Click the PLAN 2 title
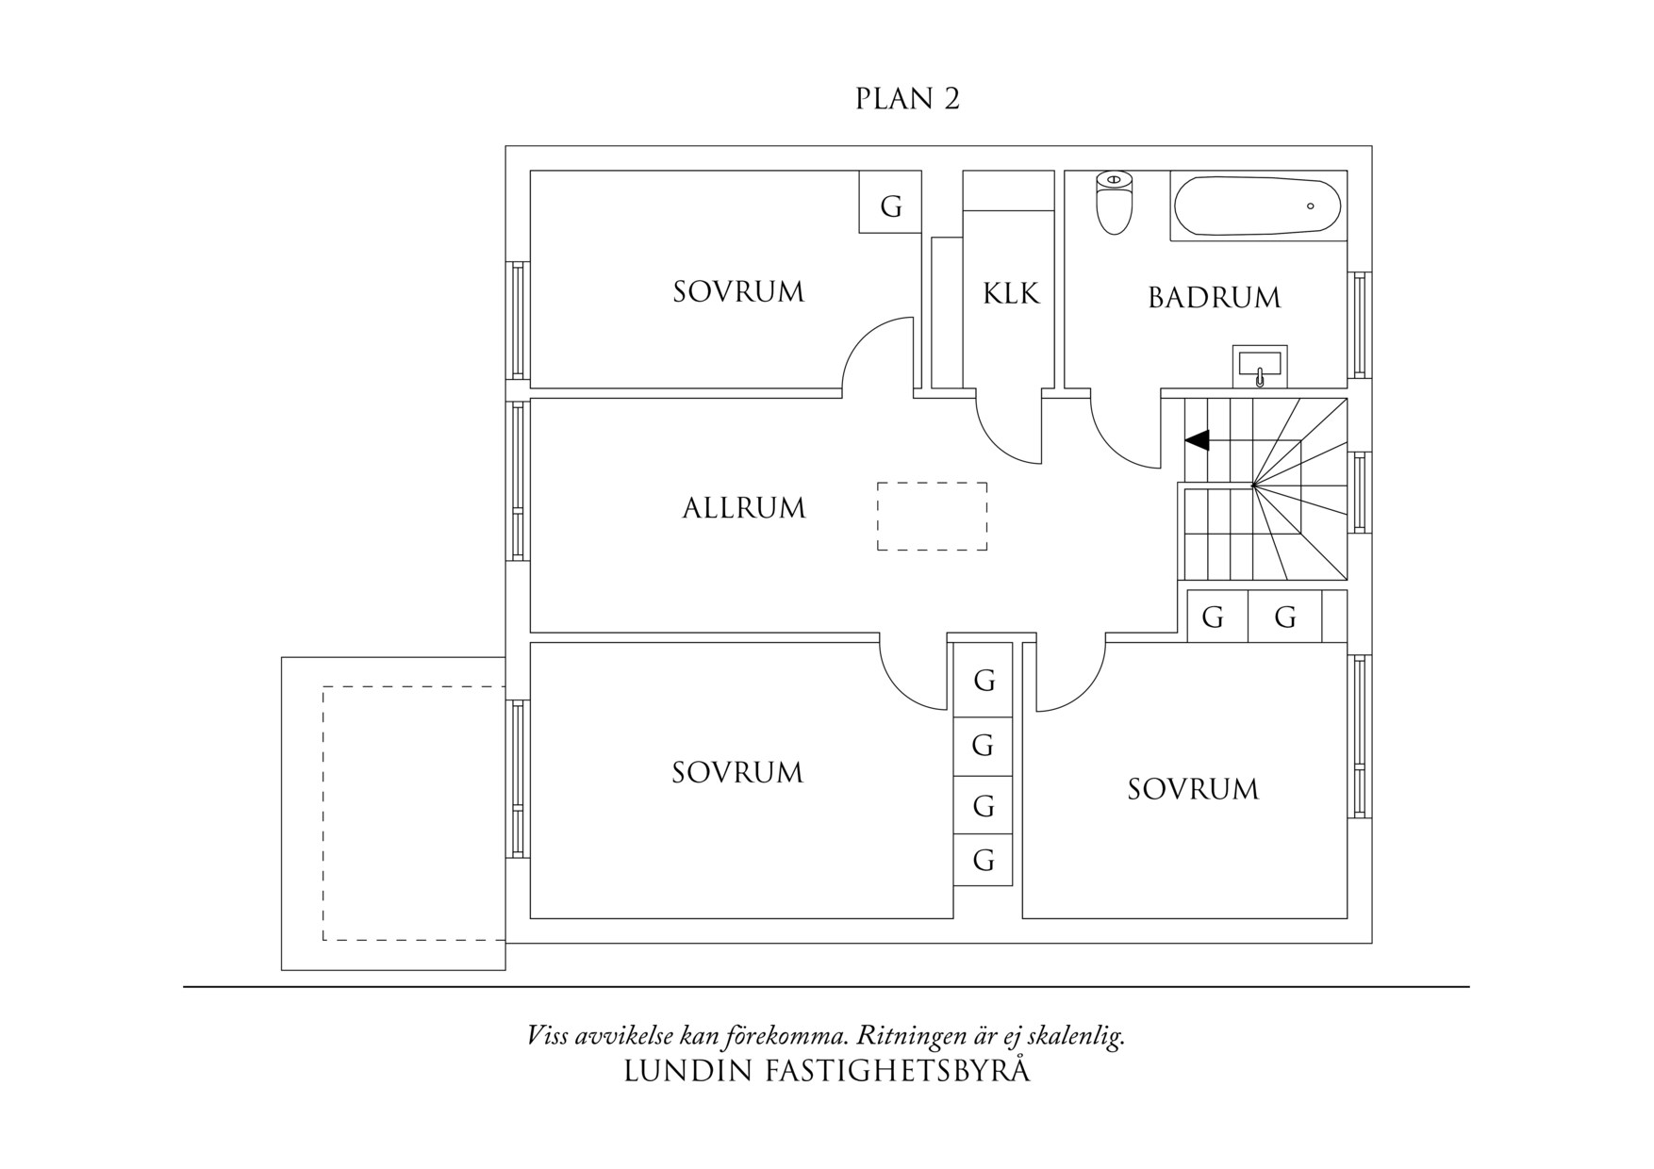pyautogui.click(x=907, y=99)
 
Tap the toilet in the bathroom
pyautogui.click(x=1115, y=203)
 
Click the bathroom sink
pyautogui.click(x=1259, y=367)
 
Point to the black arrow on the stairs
pyautogui.click(x=1198, y=440)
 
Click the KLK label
pyautogui.click(x=1011, y=294)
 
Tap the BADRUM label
pyautogui.click(x=1215, y=298)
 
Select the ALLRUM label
pyautogui.click(x=744, y=508)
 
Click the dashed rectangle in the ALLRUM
pyautogui.click(x=932, y=516)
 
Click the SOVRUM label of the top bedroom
pyautogui.click(x=738, y=292)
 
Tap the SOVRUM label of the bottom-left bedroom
pyautogui.click(x=737, y=773)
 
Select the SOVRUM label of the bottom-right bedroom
pyautogui.click(x=1193, y=789)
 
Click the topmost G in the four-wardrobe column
pyautogui.click(x=984, y=680)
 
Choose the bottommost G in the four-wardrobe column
pyautogui.click(x=984, y=860)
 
